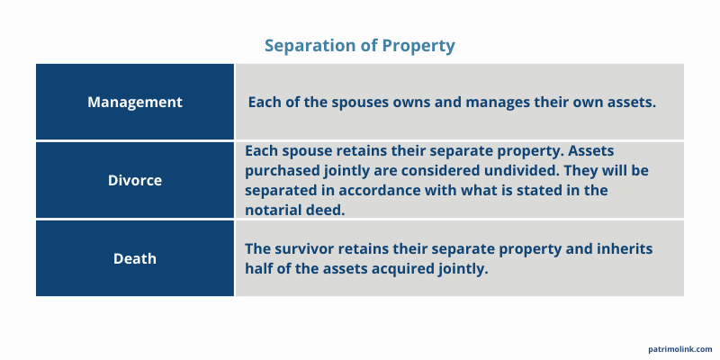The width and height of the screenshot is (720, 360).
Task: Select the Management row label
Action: pyautogui.click(x=135, y=102)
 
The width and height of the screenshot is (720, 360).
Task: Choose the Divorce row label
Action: pyautogui.click(x=135, y=180)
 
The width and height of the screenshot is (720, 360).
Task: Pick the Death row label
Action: pyautogui.click(x=135, y=258)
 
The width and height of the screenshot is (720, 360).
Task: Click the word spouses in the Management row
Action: pyautogui.click(x=361, y=102)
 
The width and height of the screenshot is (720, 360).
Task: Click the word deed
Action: pyautogui.click(x=328, y=209)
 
